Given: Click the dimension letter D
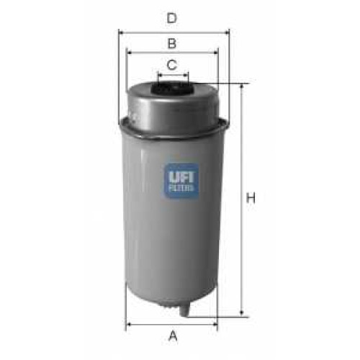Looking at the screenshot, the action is click(x=172, y=18).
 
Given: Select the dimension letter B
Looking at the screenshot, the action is click(x=172, y=43).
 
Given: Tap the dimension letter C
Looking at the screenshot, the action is click(x=172, y=65).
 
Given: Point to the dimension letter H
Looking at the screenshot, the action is click(x=251, y=198).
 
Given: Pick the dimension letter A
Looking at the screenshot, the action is click(x=173, y=336).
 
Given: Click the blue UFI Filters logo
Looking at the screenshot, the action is click(x=181, y=181).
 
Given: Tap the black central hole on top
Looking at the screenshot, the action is click(x=172, y=88).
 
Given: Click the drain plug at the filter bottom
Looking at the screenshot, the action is click(x=184, y=310).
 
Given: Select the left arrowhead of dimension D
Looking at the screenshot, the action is click(x=121, y=32).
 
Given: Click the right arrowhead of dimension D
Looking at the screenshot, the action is click(x=227, y=32).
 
